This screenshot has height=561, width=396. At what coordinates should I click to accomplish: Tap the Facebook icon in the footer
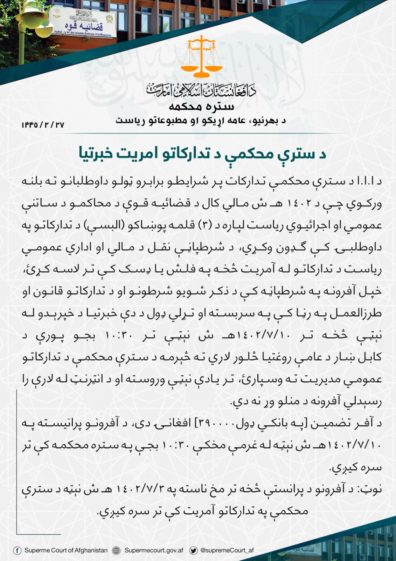17,550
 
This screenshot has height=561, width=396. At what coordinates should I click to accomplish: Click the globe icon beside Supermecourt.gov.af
116,550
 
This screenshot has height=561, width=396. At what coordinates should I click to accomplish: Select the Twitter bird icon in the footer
193,550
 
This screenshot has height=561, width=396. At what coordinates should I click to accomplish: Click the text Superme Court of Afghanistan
66,550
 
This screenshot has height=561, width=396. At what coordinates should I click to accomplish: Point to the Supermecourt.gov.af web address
154,550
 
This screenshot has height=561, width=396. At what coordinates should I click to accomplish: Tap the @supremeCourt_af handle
227,550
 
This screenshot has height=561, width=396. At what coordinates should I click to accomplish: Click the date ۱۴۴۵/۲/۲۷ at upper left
43,125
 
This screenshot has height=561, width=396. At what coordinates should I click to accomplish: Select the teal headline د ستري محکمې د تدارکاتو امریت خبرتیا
202,154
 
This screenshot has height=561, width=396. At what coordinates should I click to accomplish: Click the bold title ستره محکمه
201,106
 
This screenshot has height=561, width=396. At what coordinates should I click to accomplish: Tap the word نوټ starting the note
373,489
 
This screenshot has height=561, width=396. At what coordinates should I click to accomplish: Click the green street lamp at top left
32,18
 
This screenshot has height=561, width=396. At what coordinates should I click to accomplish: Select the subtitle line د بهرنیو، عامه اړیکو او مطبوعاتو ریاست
201,121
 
